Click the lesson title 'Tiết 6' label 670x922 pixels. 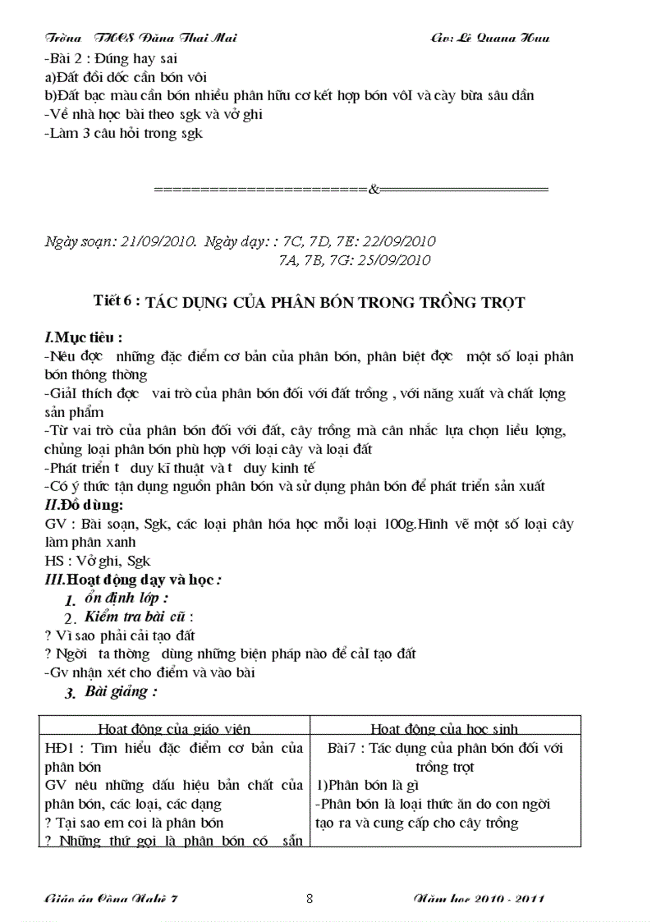pos(117,300)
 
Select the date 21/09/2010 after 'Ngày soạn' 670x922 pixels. pos(158,241)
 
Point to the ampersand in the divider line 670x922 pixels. pos(373,190)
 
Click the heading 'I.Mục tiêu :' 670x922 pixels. pos(83,337)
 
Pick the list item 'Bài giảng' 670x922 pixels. pos(121,691)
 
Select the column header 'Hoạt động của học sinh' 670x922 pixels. pos(444,728)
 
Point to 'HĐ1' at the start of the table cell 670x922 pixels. pos(58,748)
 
